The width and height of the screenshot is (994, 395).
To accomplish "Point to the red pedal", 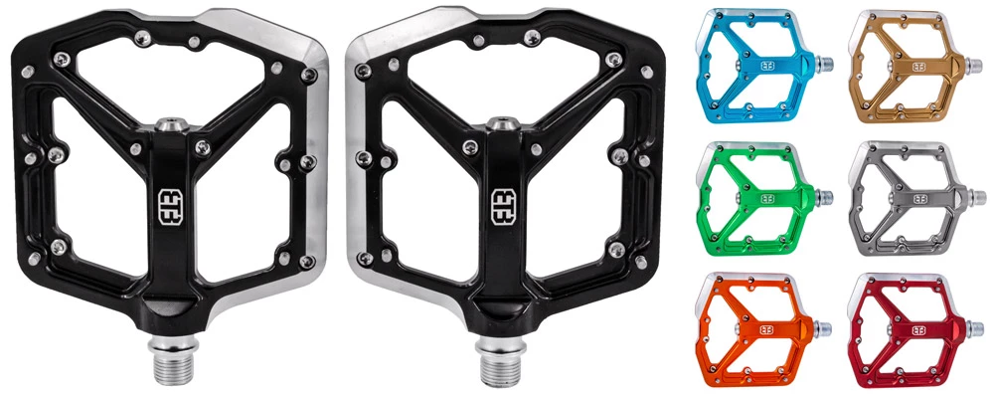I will click(901, 327).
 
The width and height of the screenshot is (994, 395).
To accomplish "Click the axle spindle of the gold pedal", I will click(973, 68).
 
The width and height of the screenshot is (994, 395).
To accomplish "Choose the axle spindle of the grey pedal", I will click(973, 197).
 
